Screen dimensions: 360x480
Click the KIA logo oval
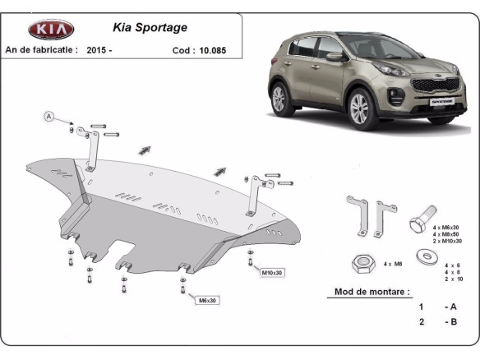[51, 30]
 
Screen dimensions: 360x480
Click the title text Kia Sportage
[156, 27]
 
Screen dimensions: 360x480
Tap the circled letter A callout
[48, 118]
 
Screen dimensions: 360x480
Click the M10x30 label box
[272, 272]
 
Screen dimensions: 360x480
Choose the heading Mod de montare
[372, 292]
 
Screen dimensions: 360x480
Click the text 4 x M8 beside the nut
[398, 265]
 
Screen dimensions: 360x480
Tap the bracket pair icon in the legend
[366, 215]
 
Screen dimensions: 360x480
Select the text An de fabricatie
[41, 50]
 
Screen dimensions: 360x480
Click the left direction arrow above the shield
[145, 150]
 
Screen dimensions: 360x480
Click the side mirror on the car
[334, 57]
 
